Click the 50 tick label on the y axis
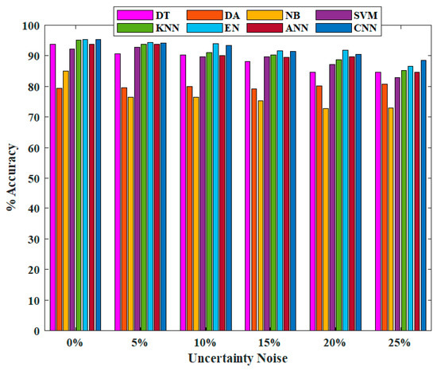pyautogui.click(x=32, y=178)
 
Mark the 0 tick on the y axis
pyautogui.click(x=35, y=331)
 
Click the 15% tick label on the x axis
pyautogui.click(x=269, y=343)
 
